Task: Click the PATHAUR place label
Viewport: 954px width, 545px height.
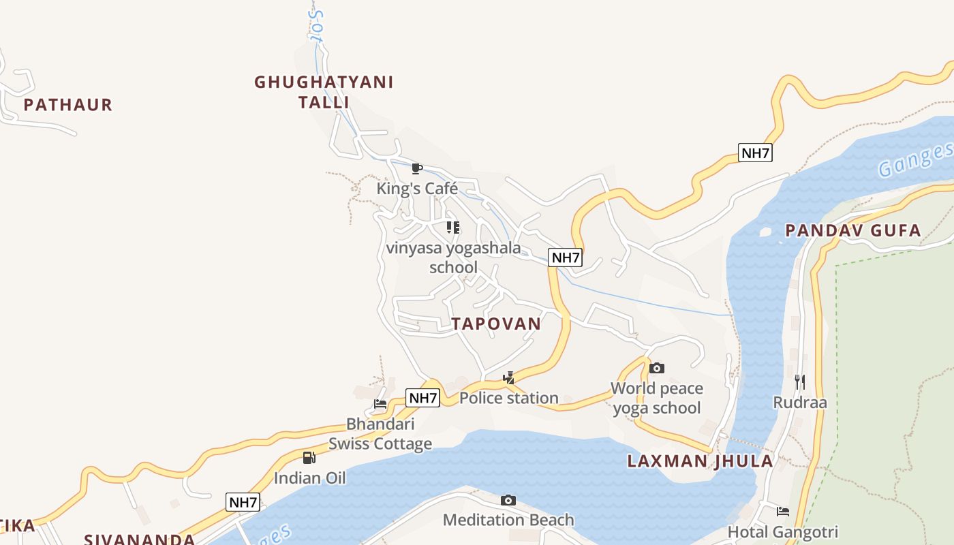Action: pos(67,105)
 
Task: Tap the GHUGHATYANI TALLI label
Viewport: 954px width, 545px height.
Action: pos(324,92)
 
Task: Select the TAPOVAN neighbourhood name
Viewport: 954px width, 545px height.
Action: pos(496,324)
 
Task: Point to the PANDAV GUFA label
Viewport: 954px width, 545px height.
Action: pos(853,231)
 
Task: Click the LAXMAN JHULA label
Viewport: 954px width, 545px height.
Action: pos(700,461)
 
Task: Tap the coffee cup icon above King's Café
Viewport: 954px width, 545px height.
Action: pos(417,168)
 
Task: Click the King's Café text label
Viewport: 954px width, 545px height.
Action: pos(417,188)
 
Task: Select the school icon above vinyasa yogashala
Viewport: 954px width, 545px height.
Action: pos(453,228)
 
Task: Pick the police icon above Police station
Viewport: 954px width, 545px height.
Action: pos(508,378)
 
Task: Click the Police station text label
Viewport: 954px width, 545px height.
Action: pos(508,398)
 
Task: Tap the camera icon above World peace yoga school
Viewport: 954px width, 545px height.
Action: pos(657,369)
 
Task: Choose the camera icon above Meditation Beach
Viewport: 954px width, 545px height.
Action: pos(508,501)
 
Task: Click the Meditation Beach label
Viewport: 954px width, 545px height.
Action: pos(508,520)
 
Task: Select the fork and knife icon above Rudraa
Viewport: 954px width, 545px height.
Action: pos(800,382)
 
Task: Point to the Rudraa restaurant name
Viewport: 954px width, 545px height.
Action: pos(800,403)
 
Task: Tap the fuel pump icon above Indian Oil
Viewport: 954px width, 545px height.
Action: pos(309,458)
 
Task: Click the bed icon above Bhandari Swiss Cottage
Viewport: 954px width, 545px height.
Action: pos(380,404)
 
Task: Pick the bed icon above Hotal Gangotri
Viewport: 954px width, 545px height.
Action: pos(783,512)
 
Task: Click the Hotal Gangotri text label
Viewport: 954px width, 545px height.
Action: pos(783,531)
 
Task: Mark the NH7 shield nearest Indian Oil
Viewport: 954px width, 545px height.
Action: pos(243,503)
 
